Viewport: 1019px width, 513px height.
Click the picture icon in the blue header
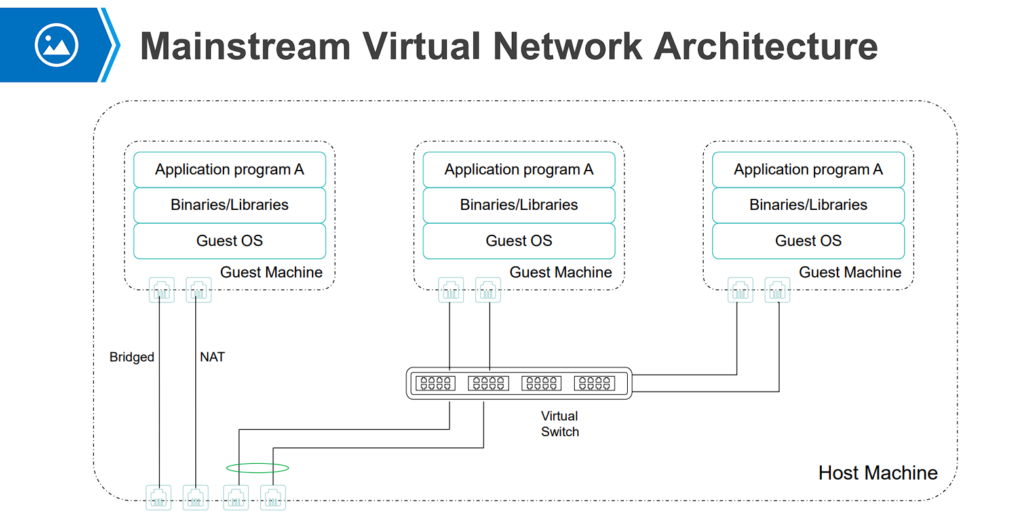(x=57, y=45)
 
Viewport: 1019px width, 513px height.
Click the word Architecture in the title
(x=765, y=46)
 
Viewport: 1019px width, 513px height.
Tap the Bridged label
(x=132, y=357)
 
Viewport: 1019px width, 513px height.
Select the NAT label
(x=212, y=357)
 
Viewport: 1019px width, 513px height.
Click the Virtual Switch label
(x=560, y=424)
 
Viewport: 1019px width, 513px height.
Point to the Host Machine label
(x=877, y=472)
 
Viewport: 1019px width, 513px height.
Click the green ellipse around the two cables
(x=258, y=468)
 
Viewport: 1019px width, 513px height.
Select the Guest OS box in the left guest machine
(x=229, y=241)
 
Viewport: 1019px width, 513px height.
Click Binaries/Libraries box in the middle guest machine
(x=518, y=205)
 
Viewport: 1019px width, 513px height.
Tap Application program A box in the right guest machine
(x=808, y=169)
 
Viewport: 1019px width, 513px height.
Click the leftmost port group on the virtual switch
(x=434, y=383)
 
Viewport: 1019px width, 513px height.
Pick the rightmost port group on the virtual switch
(x=594, y=383)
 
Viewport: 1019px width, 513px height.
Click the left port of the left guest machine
(x=162, y=290)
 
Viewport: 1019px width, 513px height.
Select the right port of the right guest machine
(x=777, y=290)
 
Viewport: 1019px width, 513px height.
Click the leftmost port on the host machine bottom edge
(x=158, y=497)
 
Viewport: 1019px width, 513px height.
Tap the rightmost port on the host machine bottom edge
(x=273, y=497)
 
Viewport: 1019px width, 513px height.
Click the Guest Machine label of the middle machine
(x=560, y=272)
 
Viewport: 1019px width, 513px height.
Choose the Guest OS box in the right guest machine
(x=808, y=241)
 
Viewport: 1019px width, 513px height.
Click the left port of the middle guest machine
(x=451, y=290)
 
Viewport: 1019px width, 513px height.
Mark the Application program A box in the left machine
(x=229, y=169)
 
